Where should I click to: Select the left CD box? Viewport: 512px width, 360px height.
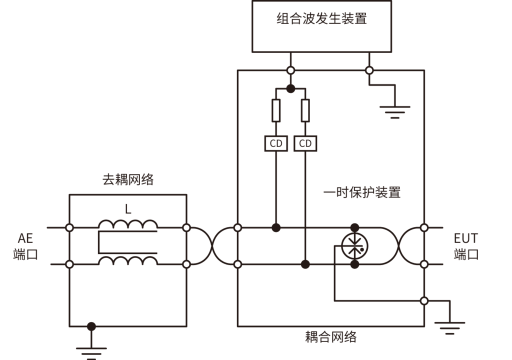click(276, 143)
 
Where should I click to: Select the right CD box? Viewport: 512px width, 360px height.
click(305, 143)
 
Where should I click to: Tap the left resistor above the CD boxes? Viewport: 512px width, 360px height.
click(276, 110)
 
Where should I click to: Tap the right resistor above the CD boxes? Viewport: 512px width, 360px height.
click(305, 110)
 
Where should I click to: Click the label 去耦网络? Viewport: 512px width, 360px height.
click(128, 180)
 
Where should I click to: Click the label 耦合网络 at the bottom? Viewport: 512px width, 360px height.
click(331, 336)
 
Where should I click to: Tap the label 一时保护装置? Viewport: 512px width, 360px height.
click(362, 192)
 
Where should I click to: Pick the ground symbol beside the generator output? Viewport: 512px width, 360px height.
click(395, 111)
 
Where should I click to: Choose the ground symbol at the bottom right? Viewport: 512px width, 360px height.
click(449, 327)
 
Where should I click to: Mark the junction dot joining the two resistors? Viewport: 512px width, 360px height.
click(290, 88)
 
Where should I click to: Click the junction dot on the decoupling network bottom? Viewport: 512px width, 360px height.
click(91, 326)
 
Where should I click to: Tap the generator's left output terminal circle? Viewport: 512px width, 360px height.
click(290, 70)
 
